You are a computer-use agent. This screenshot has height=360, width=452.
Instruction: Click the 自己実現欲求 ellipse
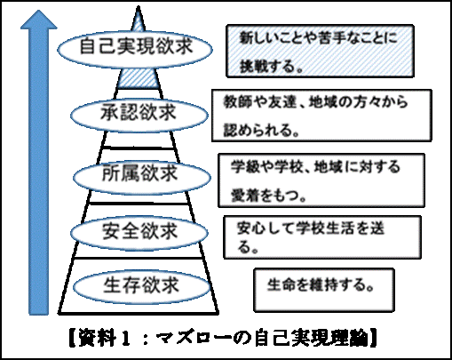(x=135, y=49)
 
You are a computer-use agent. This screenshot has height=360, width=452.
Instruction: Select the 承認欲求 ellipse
(x=139, y=115)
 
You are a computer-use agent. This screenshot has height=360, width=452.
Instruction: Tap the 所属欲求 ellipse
(x=142, y=177)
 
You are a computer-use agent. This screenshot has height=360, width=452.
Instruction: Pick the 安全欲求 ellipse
(x=139, y=233)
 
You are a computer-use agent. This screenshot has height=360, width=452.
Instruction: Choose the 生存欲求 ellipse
(x=142, y=286)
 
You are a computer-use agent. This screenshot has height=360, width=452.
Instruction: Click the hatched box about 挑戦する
(x=320, y=51)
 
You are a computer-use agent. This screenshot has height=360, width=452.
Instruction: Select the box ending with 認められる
(x=321, y=116)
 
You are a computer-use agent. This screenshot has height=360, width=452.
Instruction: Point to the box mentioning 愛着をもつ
(x=321, y=180)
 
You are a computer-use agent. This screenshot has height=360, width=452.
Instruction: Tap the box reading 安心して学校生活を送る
(x=322, y=237)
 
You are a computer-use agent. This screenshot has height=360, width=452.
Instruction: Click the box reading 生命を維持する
(x=324, y=290)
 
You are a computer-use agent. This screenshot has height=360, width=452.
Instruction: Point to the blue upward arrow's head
(x=39, y=20)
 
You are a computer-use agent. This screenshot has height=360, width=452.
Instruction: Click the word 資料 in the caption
(x=97, y=338)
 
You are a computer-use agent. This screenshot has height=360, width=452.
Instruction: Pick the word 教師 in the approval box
(x=234, y=101)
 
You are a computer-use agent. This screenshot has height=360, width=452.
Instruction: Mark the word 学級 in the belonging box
(x=242, y=166)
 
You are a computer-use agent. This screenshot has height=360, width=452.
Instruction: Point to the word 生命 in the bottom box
(x=279, y=284)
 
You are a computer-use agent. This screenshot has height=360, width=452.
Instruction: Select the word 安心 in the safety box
(x=249, y=228)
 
